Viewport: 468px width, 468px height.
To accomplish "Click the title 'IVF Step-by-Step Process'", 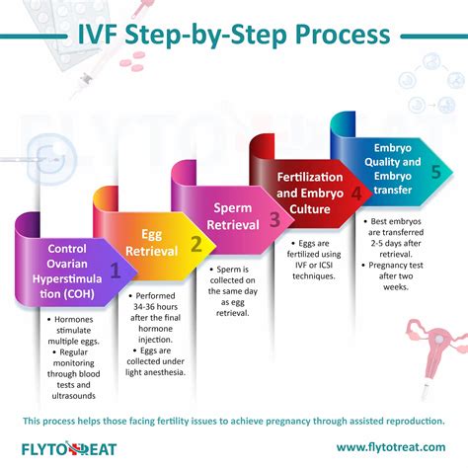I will tap(233, 37).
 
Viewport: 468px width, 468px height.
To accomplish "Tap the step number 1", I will tap(116, 268).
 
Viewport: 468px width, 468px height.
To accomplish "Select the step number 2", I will tap(196, 243).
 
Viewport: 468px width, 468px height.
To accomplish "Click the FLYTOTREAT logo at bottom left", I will tap(68, 448).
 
